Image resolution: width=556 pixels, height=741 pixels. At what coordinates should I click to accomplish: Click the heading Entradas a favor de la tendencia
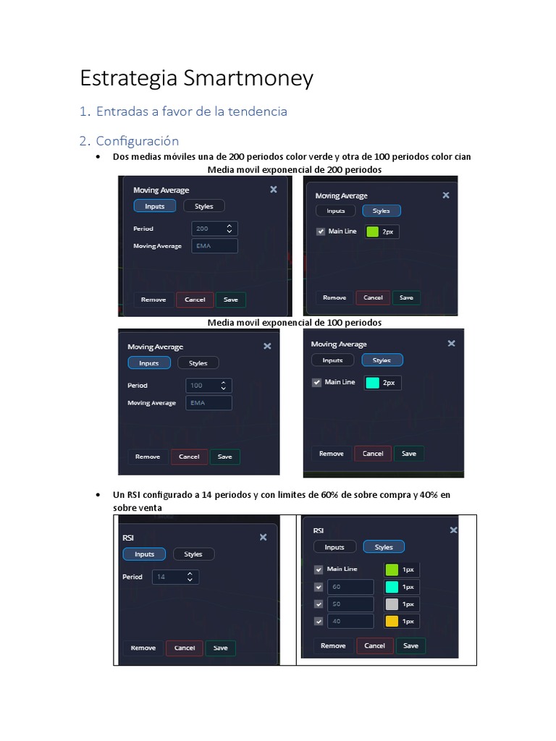click(191, 111)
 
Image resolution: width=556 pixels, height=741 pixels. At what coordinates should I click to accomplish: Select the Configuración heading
click(137, 140)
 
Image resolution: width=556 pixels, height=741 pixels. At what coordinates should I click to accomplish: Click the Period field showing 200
click(214, 229)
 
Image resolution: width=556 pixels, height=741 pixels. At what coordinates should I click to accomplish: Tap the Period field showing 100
click(208, 386)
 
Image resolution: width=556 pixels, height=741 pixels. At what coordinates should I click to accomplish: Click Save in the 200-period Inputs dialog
click(230, 300)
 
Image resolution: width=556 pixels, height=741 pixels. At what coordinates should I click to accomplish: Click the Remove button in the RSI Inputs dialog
click(143, 648)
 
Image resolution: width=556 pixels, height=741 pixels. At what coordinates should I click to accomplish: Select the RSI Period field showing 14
click(174, 577)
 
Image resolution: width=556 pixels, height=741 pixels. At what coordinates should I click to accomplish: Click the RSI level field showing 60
click(350, 587)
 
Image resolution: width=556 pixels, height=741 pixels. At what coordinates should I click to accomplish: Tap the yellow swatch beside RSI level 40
click(392, 621)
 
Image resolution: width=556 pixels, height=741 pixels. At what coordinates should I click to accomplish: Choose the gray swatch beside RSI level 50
click(392, 604)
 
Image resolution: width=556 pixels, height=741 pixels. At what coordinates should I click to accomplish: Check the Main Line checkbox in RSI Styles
click(319, 569)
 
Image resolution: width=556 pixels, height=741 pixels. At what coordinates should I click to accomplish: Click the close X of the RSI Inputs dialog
click(263, 537)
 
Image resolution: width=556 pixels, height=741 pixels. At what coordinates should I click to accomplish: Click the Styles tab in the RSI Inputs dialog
click(193, 554)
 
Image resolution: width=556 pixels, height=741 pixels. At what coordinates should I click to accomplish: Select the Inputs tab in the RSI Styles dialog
click(334, 547)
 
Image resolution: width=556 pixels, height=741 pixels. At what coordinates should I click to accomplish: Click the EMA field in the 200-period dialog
click(214, 246)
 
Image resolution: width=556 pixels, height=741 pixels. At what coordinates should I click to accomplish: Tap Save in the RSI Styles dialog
click(410, 645)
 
